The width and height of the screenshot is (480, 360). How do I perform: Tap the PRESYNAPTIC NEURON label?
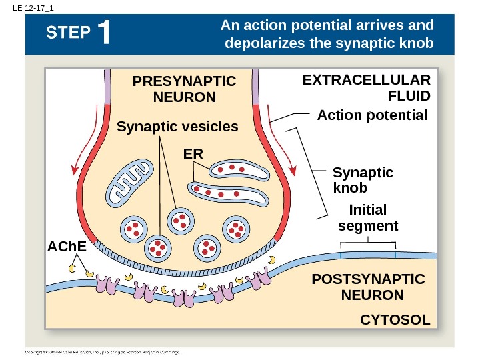[185, 89]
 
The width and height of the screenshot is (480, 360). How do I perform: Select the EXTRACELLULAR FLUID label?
[367, 87]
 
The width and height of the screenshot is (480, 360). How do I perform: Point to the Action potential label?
[372, 115]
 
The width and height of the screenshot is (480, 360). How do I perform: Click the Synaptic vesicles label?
[177, 126]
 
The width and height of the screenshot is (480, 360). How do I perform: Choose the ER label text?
[193, 154]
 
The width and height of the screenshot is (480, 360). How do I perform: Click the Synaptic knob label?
[362, 180]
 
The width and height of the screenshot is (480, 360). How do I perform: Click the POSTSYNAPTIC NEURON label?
[368, 287]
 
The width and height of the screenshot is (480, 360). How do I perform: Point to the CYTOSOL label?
[395, 320]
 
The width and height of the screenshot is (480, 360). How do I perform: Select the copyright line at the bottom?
[103, 351]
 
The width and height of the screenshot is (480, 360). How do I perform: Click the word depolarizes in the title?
[279, 44]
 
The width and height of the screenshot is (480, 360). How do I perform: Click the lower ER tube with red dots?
[228, 193]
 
